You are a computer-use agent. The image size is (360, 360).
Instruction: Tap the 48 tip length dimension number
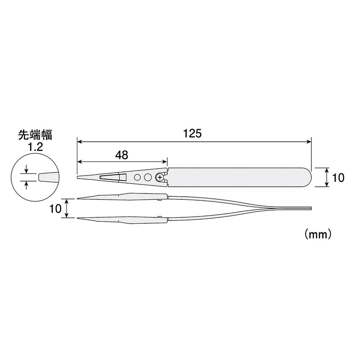pyautogui.click(x=121, y=155)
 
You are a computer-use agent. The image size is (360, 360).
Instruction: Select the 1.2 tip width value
pyautogui.click(x=35, y=146)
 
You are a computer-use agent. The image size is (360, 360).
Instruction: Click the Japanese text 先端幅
pyautogui.click(x=35, y=135)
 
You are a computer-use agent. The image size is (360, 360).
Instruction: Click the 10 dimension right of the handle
pyautogui.click(x=338, y=178)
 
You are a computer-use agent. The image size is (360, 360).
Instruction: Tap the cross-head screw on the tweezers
pyautogui.click(x=160, y=178)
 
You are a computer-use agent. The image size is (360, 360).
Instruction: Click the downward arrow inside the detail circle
pyautogui.click(x=27, y=169)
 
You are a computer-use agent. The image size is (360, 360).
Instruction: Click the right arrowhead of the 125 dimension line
pyautogui.click(x=309, y=141)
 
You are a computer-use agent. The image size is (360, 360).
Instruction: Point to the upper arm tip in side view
pyautogui.click(x=79, y=198)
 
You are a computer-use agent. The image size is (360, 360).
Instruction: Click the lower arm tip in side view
pyautogui.click(x=79, y=219)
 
